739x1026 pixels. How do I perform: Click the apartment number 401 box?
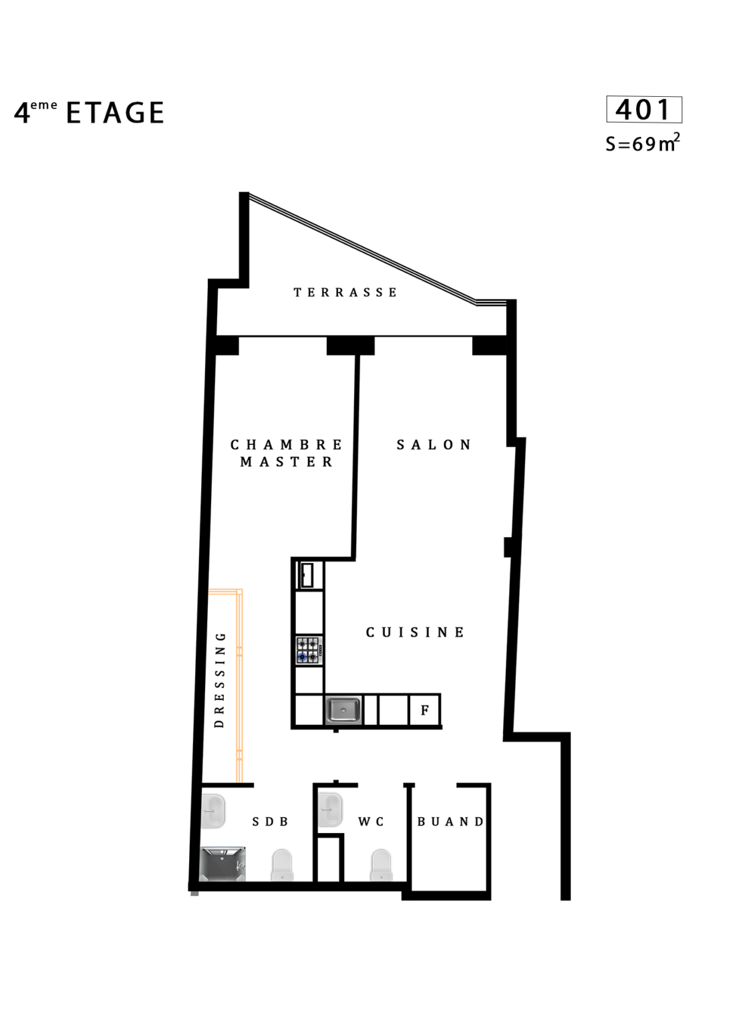click(643, 110)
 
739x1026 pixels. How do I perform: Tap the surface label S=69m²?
click(642, 143)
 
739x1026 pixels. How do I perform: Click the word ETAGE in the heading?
click(115, 113)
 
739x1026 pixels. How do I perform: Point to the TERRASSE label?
click(345, 292)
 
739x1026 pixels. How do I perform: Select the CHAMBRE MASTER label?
click(287, 453)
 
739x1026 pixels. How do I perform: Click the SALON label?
click(434, 445)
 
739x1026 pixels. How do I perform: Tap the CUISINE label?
click(415, 632)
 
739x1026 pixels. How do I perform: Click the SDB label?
click(270, 822)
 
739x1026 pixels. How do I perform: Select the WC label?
click(371, 822)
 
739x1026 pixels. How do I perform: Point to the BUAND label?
click(450, 822)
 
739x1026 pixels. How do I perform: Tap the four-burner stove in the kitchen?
click(309, 651)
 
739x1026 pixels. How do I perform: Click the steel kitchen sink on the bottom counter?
click(343, 711)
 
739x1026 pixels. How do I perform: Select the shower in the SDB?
click(223, 864)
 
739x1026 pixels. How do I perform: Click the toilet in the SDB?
click(282, 865)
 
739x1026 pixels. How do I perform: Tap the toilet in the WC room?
click(381, 865)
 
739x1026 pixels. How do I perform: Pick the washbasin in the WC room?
click(330, 810)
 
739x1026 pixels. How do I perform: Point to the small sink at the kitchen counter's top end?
click(307, 575)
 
